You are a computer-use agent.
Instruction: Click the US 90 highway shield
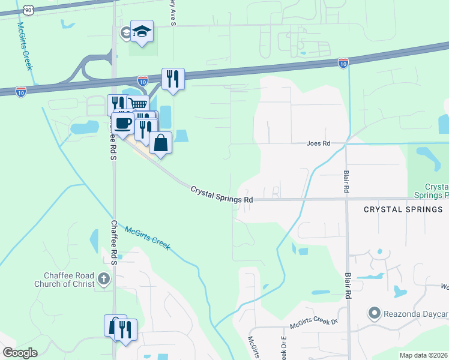28,10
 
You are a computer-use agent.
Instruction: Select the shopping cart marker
138,104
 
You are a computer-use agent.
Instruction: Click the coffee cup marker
122,124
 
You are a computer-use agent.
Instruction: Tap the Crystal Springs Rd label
221,194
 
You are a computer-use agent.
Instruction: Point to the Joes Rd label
318,144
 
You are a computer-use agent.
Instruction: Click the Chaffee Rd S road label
113,242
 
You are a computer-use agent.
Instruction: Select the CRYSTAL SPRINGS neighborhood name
403,209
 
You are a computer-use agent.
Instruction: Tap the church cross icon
104,278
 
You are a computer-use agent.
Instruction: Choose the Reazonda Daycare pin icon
375,313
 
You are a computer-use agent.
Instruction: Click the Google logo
20,353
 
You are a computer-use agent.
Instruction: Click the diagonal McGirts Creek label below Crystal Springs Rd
147,238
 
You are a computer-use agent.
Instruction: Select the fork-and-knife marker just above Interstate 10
173,78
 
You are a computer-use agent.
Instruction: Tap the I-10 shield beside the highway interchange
143,80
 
